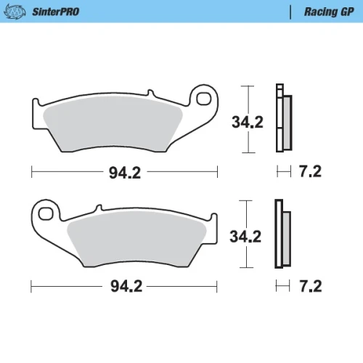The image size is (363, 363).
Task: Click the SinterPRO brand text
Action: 56,12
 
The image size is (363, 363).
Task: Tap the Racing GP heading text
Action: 329,12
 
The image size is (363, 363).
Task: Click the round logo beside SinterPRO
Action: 15,12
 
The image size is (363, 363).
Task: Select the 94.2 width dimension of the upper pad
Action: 125,173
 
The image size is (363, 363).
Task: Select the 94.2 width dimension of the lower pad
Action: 126,287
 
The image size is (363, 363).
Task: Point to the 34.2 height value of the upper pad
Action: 248,122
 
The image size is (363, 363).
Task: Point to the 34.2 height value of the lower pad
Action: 245,237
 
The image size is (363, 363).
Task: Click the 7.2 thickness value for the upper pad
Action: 310,171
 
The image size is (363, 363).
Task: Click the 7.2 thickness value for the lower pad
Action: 311,286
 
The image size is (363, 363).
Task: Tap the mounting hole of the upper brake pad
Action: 204,99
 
